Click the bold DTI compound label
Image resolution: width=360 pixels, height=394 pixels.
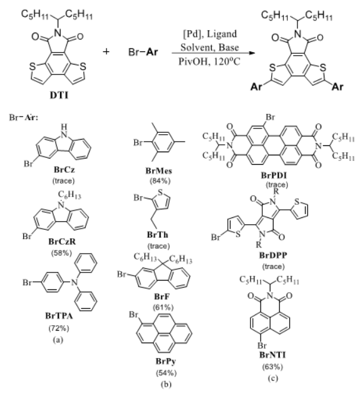tap(59, 95)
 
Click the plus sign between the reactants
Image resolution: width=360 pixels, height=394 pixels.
tap(106, 51)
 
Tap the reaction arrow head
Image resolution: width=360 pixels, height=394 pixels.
tap(252, 53)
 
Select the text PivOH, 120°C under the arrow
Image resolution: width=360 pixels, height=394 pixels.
tap(210, 61)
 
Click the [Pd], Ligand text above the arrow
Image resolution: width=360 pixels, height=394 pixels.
tap(210, 34)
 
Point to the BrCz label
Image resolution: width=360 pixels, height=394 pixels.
tap(64, 170)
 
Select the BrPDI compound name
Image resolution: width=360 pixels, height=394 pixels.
tap(274, 175)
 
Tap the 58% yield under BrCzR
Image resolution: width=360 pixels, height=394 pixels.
tap(61, 253)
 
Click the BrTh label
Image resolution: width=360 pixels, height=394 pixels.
tap(158, 235)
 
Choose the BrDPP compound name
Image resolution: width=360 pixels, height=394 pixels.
tap(273, 256)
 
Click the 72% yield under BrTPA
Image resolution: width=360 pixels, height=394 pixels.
tap(59, 328)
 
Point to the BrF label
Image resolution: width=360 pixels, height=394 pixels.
tap(162, 297)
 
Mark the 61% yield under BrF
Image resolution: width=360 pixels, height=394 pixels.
tap(163, 307)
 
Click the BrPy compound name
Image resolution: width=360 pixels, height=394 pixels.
tap(166, 361)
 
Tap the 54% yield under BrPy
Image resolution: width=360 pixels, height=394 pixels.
tap(167, 373)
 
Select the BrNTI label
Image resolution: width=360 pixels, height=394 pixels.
tap(272, 355)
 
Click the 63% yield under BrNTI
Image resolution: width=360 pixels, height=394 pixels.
tap(272, 367)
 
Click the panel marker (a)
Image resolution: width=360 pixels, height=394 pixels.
tap(58, 340)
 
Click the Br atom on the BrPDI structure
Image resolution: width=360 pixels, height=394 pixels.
tap(270, 117)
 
